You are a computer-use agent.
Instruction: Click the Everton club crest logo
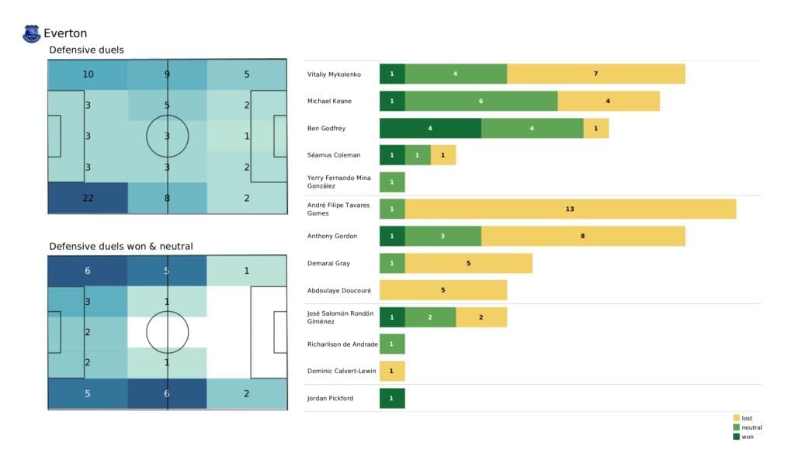pos(32,33)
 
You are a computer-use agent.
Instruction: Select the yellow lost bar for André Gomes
pos(570,209)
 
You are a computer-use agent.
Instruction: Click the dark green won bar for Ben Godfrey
pos(430,128)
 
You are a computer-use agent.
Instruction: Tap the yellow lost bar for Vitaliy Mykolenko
pos(595,74)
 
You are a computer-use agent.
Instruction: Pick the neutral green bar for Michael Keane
pos(481,101)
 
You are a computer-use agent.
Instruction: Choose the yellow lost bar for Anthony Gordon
pos(582,236)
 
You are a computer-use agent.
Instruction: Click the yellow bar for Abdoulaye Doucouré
pos(443,290)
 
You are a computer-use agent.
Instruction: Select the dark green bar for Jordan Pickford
pos(392,398)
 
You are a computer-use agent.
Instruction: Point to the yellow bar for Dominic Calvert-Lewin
pos(392,371)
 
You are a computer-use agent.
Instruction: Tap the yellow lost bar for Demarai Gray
pos(468,263)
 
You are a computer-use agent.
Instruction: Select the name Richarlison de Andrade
pos(342,344)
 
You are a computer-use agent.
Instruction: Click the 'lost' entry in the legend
pos(746,418)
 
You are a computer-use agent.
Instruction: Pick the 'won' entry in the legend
pos(746,436)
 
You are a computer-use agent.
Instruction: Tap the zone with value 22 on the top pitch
pos(88,198)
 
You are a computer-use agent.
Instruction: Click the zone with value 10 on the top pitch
pos(88,75)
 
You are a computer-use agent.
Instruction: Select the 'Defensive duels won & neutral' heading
pos(121,246)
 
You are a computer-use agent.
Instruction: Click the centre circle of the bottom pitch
pos(168,332)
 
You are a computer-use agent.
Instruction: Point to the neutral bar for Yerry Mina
pos(392,182)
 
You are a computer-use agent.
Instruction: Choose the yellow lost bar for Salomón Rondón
pos(481,317)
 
